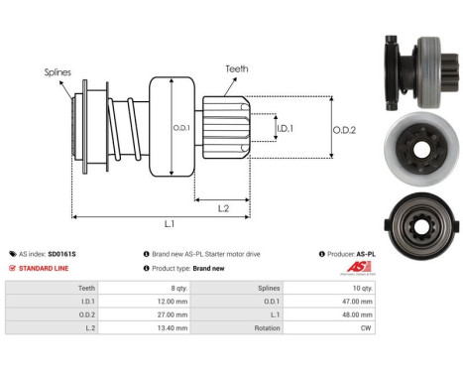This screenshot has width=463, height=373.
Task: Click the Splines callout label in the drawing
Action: pos(57,72)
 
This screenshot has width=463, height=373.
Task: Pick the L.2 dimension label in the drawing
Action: pos(224,206)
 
